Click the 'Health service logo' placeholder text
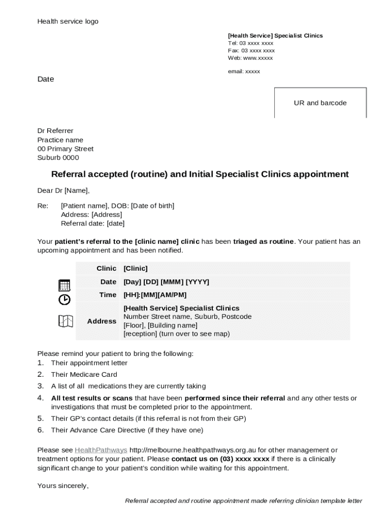click(68, 21)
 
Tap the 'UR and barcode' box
click(320, 103)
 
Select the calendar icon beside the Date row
click(64, 285)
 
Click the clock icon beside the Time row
click(64, 300)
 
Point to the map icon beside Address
click(66, 321)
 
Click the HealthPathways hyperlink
click(101, 450)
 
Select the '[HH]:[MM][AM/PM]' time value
click(155, 295)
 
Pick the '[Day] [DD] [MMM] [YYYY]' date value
click(166, 282)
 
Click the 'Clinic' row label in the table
click(107, 269)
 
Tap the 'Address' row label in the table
click(102, 321)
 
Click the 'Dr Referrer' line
click(55, 131)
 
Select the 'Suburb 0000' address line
click(58, 158)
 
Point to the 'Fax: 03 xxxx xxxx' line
click(251, 51)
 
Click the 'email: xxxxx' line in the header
click(244, 72)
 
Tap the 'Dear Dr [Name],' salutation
click(63, 191)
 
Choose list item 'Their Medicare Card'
click(84, 375)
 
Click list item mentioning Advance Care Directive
click(127, 431)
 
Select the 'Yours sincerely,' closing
click(63, 486)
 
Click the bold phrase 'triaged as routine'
click(263, 242)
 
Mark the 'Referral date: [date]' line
click(92, 223)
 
